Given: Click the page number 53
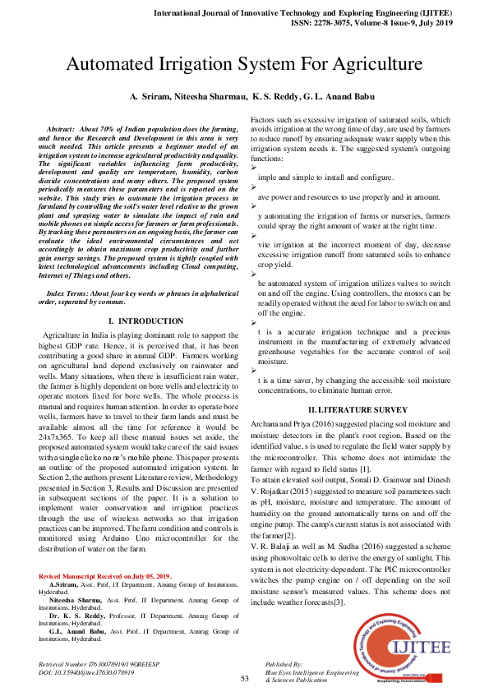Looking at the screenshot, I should pos(244,678).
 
